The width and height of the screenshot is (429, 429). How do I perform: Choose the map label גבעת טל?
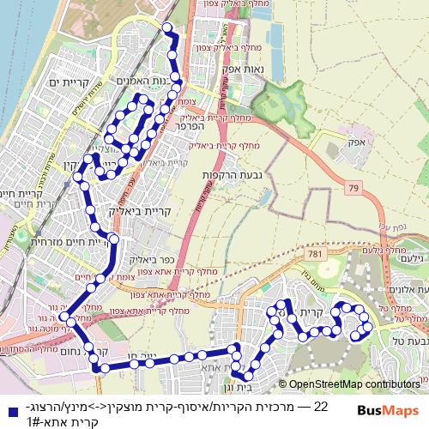click(405, 341)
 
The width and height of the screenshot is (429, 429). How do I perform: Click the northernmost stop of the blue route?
click(167, 28)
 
